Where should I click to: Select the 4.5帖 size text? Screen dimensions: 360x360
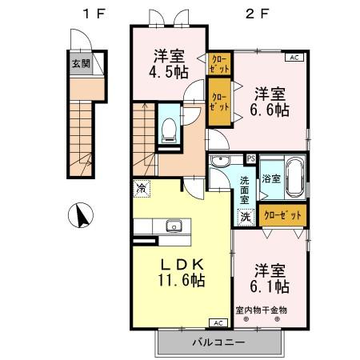tap(169, 71)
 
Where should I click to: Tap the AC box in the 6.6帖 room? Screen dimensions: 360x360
tap(293, 58)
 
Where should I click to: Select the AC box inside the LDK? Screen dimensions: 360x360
tap(217, 322)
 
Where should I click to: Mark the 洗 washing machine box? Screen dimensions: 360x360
tap(244, 216)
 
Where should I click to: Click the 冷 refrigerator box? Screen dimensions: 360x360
tap(141, 189)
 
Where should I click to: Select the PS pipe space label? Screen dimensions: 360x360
tap(250, 158)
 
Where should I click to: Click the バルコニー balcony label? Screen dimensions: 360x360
tap(218, 343)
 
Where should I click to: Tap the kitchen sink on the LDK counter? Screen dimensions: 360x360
tap(173, 226)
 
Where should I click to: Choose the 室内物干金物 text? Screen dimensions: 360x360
tap(261, 310)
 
